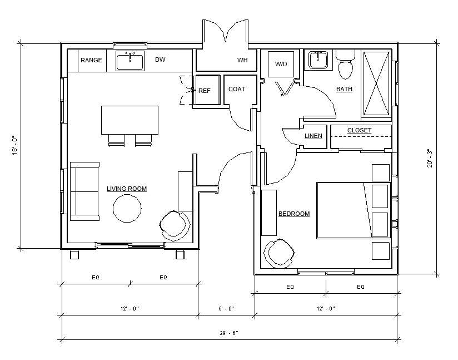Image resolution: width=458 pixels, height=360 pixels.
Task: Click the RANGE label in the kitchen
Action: [x=91, y=60]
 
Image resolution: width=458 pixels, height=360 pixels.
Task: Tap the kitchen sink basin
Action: [x=130, y=61]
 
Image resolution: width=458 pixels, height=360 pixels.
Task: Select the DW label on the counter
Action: [x=160, y=60]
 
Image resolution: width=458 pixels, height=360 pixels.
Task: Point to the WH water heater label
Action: [x=242, y=60]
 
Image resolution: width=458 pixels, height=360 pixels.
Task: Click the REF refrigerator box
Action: [x=207, y=90]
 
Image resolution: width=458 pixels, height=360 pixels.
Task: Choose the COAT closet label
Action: [x=237, y=89]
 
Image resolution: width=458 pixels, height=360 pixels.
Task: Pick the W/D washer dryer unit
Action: [x=281, y=65]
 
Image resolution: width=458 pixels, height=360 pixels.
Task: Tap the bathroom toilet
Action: [x=345, y=65]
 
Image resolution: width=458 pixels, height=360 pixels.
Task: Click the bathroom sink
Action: [x=318, y=60]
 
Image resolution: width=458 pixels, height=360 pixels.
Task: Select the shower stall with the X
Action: [x=376, y=83]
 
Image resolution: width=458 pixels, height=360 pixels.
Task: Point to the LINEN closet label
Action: [x=313, y=136]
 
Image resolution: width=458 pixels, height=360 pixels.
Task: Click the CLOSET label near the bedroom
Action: [x=359, y=130]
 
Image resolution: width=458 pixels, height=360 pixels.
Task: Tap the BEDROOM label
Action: [x=294, y=214]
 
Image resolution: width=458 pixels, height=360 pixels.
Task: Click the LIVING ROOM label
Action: [x=127, y=189]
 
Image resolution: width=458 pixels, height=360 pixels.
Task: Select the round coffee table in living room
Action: [x=127, y=209]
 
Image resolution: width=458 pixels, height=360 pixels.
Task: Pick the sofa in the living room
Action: [x=84, y=191]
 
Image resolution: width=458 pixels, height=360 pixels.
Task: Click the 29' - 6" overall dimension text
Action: [x=229, y=333]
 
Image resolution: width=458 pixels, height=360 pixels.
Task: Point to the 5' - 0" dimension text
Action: [x=226, y=308]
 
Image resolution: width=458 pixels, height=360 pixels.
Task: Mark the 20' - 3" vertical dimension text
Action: [x=430, y=158]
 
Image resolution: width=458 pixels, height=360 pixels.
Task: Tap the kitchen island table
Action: [x=130, y=120]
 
